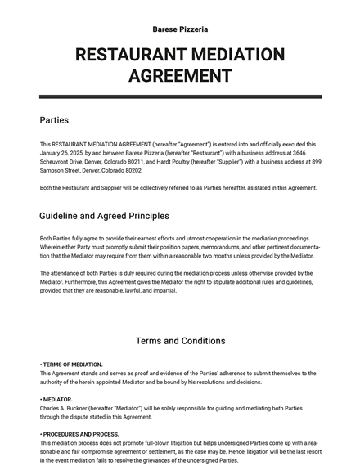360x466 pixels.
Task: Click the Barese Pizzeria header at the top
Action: (x=180, y=29)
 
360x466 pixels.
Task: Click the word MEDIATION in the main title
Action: (x=232, y=56)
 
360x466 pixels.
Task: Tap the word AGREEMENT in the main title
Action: (x=180, y=77)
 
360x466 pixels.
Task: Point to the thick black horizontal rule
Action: (x=180, y=96)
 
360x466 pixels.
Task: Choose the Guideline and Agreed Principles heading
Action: (x=104, y=217)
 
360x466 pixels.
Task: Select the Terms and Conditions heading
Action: (x=180, y=341)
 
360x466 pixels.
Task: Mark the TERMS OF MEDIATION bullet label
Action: (x=73, y=365)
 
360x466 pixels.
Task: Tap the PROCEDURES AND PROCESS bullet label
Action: (x=81, y=434)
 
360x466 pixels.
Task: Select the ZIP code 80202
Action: (x=130, y=170)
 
